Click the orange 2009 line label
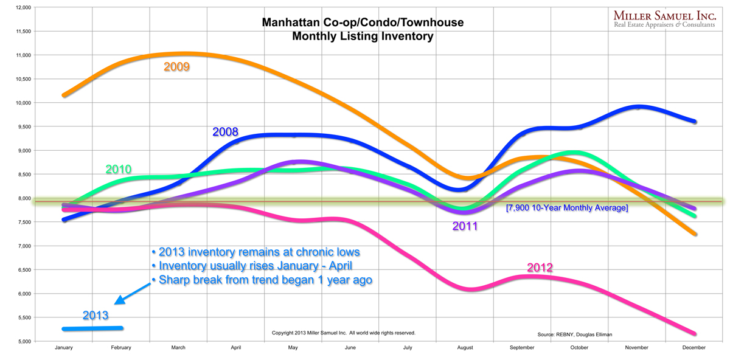(x=177, y=66)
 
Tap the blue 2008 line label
(x=225, y=132)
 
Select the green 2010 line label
(x=119, y=169)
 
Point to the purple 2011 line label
(x=465, y=227)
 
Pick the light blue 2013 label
(x=96, y=315)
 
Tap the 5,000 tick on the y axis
(x=23, y=342)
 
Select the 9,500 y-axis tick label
(x=23, y=127)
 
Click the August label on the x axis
(x=465, y=348)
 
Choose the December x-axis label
(x=694, y=348)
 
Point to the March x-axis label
(x=178, y=348)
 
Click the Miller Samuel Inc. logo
(x=666, y=19)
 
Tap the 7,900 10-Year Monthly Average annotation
(x=566, y=208)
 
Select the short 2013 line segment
(x=92, y=329)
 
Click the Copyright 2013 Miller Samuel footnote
(x=343, y=333)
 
